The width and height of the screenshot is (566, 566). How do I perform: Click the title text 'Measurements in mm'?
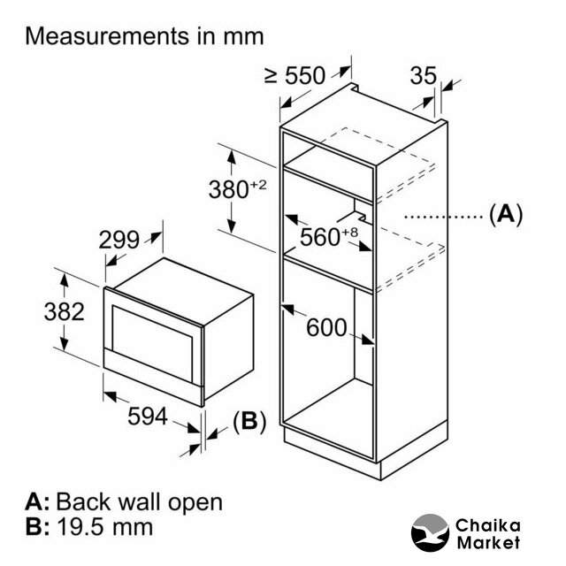145,36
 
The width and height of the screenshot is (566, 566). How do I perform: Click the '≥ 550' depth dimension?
294,76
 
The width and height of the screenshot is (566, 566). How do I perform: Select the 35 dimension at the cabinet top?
424,76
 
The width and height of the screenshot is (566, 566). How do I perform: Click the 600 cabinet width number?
326,327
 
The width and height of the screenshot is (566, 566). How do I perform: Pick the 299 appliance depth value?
119,240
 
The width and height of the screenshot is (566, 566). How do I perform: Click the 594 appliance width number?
146,417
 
